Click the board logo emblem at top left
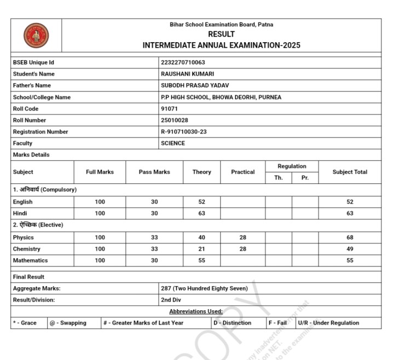(x=36, y=35)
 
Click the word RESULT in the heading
(x=221, y=34)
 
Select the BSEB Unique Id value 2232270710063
(x=183, y=62)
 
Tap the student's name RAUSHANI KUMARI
(x=187, y=74)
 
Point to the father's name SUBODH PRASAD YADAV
(x=195, y=85)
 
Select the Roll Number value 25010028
(x=175, y=120)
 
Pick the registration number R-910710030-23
(x=183, y=132)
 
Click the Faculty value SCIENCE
(x=173, y=143)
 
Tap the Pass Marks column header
(x=154, y=172)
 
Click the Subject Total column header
(x=350, y=172)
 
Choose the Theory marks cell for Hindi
(x=201, y=213)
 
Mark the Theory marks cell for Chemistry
(x=201, y=249)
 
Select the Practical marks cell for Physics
(x=242, y=237)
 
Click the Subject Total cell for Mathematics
(x=350, y=260)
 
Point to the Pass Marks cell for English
(x=154, y=202)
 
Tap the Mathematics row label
(x=30, y=260)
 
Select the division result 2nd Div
(x=172, y=300)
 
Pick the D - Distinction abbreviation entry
(x=232, y=323)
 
